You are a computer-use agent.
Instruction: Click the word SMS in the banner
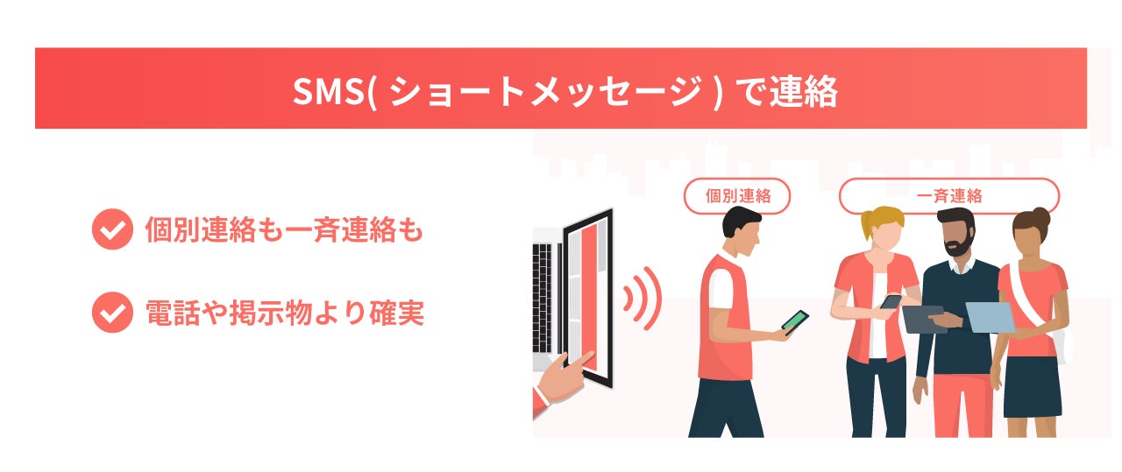326,90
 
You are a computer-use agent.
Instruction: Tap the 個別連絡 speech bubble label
737,196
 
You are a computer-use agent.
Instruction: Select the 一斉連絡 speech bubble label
948,196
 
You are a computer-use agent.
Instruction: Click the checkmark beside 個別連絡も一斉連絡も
111,230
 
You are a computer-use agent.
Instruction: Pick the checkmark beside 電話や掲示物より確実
111,313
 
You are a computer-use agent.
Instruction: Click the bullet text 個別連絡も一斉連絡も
284,231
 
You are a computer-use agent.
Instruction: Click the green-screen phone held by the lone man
795,321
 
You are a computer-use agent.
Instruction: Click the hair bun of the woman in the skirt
1040,215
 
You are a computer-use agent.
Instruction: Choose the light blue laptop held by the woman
991,316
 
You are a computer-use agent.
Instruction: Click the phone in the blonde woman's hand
891,301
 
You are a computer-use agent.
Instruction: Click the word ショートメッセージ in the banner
543,90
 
